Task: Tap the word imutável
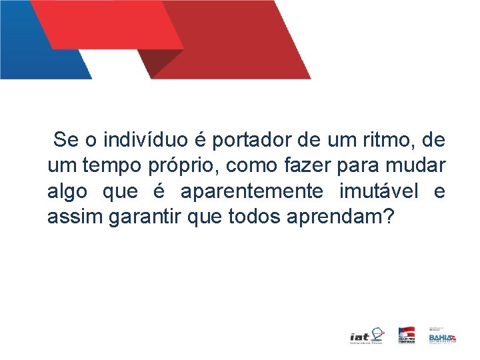coord(379,191)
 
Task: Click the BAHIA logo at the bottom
coord(442,337)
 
